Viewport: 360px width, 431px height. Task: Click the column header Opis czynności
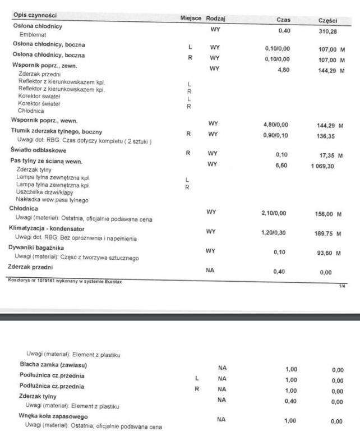coord(34,15)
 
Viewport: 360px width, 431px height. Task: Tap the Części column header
coord(327,20)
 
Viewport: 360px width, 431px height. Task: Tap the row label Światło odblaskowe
coord(34,150)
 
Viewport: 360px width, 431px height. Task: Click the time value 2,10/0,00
coord(278,213)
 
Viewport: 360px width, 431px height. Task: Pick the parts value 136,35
coord(326,135)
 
